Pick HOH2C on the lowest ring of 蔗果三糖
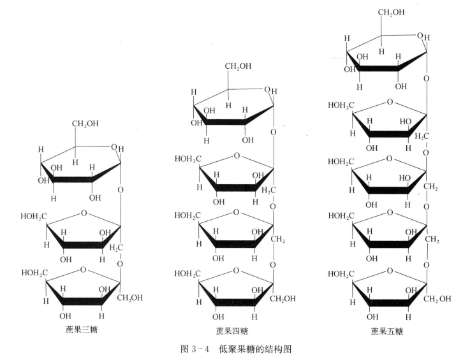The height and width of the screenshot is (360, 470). [x=34, y=273]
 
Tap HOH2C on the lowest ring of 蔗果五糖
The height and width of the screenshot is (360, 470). [x=342, y=273]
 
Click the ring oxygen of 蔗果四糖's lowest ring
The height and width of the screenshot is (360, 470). [x=237, y=271]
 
